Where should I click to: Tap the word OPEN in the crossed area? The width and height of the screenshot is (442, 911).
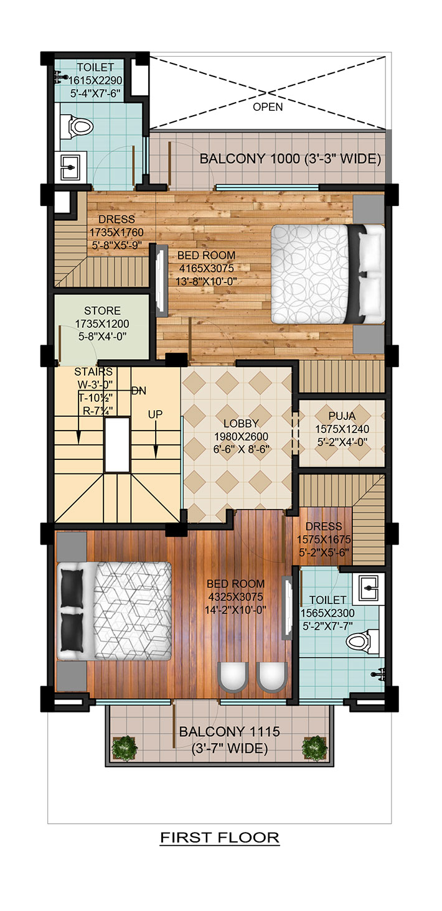(268, 107)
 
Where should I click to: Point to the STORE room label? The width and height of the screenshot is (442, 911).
(102, 311)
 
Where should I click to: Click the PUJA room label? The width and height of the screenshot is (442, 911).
(342, 416)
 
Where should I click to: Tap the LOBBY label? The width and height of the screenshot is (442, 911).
(241, 423)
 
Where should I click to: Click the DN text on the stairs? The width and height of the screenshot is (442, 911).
(139, 391)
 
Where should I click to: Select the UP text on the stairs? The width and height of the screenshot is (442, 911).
(155, 414)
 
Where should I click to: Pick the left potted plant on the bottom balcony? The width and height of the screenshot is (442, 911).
(125, 747)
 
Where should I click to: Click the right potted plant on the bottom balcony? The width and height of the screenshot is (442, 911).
(314, 747)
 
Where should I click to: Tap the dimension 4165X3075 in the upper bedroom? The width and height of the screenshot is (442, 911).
(207, 268)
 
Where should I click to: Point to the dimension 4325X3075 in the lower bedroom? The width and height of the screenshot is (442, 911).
(236, 597)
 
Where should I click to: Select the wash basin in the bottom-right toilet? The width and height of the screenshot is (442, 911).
(369, 589)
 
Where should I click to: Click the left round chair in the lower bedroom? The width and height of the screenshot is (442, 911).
(233, 677)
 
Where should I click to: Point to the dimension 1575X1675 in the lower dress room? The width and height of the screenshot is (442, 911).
(324, 540)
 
